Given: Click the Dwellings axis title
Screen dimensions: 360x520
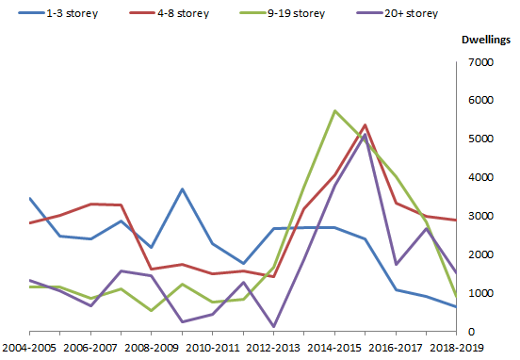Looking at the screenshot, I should [x=485, y=41].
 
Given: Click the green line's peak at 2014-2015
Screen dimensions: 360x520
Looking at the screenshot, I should [x=334, y=111].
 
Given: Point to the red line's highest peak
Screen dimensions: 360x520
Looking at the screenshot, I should [x=365, y=125].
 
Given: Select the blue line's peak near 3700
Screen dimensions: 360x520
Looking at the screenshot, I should [x=183, y=189].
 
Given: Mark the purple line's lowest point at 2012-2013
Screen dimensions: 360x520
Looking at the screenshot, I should [x=274, y=326].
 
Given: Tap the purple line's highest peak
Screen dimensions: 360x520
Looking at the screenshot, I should [x=365, y=135].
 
